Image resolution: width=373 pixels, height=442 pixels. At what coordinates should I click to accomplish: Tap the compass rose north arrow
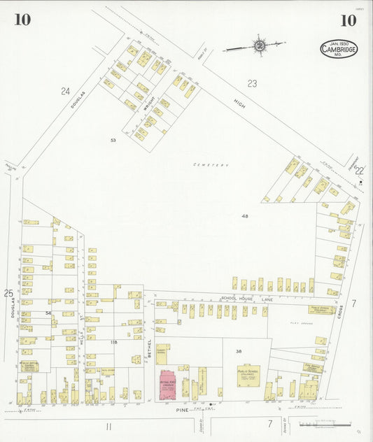(259, 46)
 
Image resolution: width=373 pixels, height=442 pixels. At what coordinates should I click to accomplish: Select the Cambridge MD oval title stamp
(339, 49)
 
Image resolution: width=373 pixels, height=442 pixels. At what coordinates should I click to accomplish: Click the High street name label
(240, 104)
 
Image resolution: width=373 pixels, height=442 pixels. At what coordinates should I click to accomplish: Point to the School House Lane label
(241, 299)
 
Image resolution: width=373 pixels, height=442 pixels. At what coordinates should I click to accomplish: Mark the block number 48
(245, 217)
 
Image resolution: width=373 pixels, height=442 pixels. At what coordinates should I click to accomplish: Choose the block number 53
(113, 140)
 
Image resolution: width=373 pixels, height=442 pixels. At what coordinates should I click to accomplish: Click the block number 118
(113, 342)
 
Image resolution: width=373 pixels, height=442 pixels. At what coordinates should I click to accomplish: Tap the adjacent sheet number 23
(252, 83)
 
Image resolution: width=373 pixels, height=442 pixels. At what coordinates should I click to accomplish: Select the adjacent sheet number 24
(65, 91)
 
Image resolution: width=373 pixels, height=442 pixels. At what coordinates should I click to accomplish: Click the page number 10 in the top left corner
(22, 20)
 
